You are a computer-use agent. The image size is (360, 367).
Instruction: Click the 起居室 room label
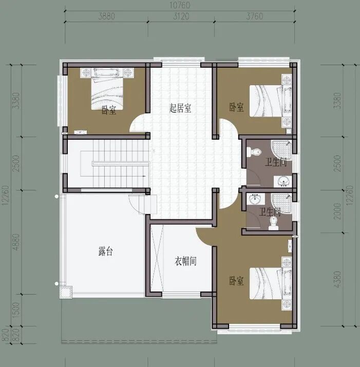click(180, 108)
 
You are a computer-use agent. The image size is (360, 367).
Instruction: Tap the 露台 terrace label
click(106, 252)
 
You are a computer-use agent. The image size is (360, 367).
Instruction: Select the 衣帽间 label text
click(185, 261)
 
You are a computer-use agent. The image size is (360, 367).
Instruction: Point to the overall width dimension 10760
click(180, 5)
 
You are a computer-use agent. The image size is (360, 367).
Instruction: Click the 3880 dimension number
click(107, 16)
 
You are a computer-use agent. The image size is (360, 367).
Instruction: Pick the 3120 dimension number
click(181, 16)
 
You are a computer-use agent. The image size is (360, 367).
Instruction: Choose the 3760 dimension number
click(255, 16)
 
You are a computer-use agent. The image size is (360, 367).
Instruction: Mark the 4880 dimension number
click(16, 242)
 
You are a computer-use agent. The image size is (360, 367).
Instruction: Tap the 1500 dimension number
click(16, 310)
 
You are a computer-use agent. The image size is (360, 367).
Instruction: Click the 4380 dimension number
click(337, 279)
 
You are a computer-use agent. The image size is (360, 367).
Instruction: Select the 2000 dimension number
click(337, 211)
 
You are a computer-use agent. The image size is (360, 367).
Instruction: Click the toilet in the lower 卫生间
click(273, 223)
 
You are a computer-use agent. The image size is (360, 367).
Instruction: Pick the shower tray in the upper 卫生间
click(281, 149)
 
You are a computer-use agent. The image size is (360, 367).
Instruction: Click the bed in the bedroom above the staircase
click(107, 89)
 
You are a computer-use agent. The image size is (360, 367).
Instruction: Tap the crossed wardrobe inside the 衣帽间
click(157, 259)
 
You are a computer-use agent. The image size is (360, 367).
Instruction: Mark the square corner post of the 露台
click(66, 292)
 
